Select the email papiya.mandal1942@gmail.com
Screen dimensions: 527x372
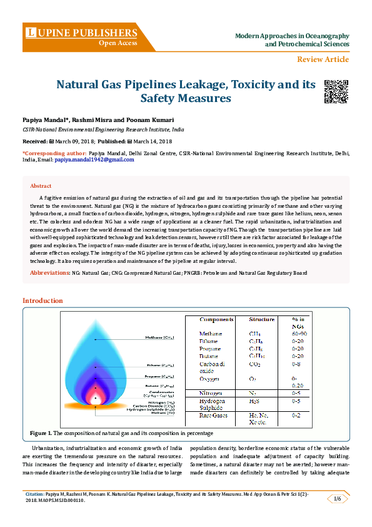(x=94, y=160)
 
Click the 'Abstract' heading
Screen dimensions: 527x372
(x=41, y=186)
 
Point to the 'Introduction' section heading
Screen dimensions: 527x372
(x=43, y=301)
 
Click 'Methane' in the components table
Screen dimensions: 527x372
(x=210, y=334)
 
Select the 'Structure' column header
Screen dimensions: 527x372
(x=261, y=319)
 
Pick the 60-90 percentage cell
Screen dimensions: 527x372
(x=301, y=334)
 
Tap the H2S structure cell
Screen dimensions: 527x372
(x=254, y=401)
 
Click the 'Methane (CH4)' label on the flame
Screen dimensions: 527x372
(x=161, y=337)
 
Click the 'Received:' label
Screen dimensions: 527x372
(x=35, y=141)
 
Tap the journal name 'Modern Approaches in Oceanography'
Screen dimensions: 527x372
(x=292, y=36)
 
